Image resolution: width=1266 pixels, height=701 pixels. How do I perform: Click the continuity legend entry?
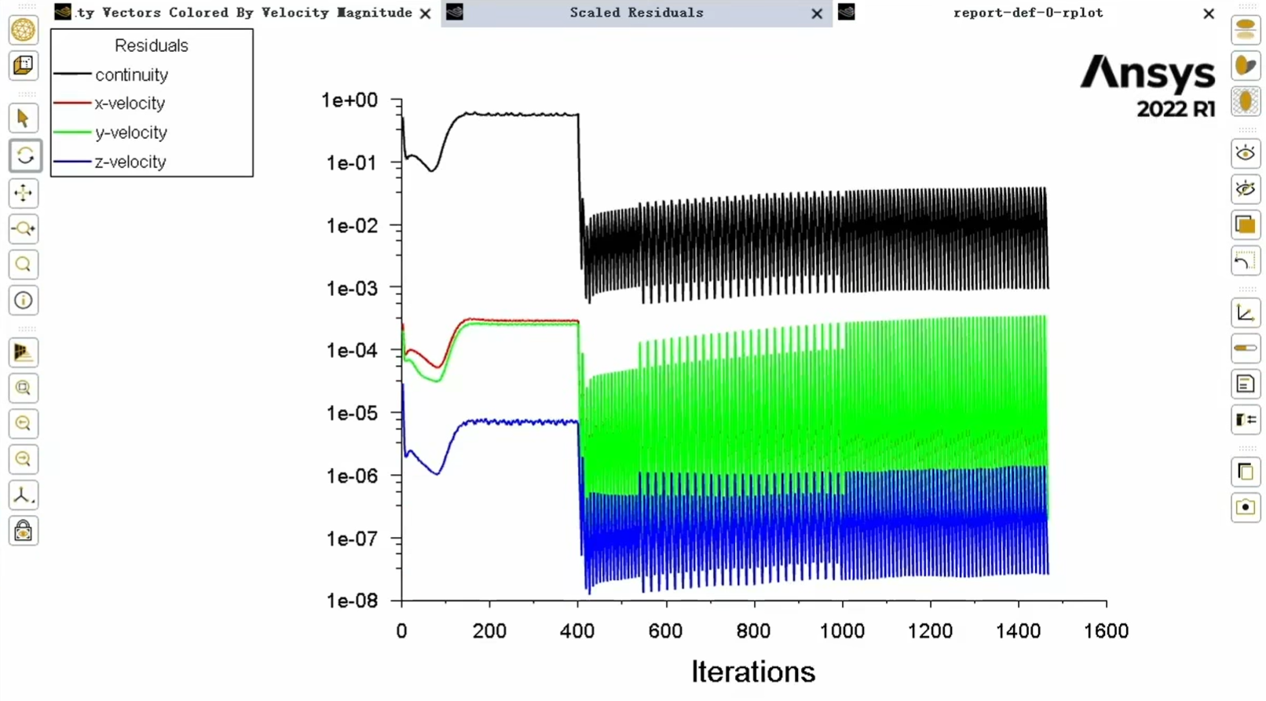coord(131,75)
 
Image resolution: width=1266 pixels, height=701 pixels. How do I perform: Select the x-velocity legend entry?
coord(130,104)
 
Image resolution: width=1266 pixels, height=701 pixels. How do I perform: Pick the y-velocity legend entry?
coord(130,133)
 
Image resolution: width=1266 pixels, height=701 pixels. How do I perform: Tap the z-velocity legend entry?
coord(130,162)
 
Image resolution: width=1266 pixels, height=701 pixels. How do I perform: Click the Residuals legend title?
coord(151,46)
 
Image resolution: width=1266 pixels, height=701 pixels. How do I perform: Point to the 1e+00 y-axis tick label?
coord(349,100)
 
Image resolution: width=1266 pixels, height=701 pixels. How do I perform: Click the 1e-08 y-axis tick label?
coord(352,601)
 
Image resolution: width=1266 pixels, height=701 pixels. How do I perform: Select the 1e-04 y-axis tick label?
coord(352,350)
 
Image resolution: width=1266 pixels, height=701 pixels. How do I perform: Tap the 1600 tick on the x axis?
coord(1106,631)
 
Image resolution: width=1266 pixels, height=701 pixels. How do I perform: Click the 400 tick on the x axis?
coord(577,631)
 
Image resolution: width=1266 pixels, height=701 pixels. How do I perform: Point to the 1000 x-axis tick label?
coord(842,631)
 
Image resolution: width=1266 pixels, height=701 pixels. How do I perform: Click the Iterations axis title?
coord(753,672)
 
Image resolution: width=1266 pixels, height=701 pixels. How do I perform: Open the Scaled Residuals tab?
coord(636,13)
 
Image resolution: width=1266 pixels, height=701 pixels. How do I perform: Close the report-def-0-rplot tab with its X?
coord(1209,13)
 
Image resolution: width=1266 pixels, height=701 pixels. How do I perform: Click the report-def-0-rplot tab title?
coord(1027,13)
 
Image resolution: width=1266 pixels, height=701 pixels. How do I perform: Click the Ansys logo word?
coord(1147,74)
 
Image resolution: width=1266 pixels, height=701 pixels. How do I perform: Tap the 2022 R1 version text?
coord(1176,108)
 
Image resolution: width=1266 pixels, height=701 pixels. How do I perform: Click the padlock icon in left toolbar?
coord(24,531)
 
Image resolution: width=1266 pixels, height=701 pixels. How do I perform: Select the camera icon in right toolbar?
coord(1246,507)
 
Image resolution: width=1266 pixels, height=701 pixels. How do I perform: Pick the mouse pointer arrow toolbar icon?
coord(23,119)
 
